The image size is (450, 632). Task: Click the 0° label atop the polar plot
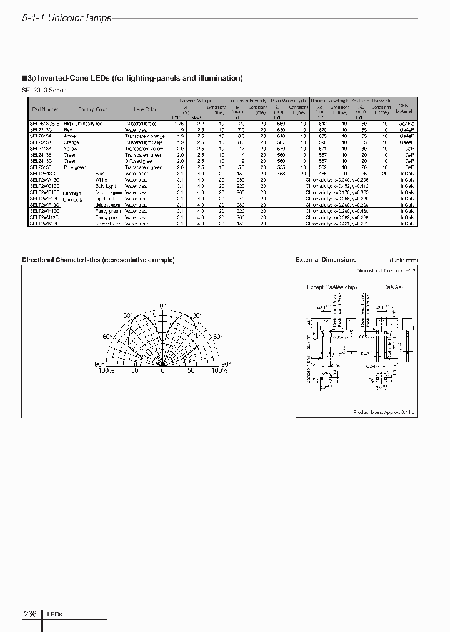tap(163, 305)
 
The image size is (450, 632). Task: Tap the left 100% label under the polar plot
tap(106, 371)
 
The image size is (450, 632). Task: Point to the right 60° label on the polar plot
tap(217, 337)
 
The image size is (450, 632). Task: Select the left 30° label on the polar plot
tap(128, 315)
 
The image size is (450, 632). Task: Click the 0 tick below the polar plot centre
tap(162, 371)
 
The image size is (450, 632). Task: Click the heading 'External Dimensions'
tap(326, 260)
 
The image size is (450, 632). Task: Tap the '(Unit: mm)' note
tap(403, 260)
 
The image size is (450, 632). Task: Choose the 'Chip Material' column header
tap(403, 109)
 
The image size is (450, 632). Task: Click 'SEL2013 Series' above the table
tap(44, 90)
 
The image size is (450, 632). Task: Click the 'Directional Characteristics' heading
tap(98, 260)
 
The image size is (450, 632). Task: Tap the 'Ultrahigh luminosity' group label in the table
tap(72, 197)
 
